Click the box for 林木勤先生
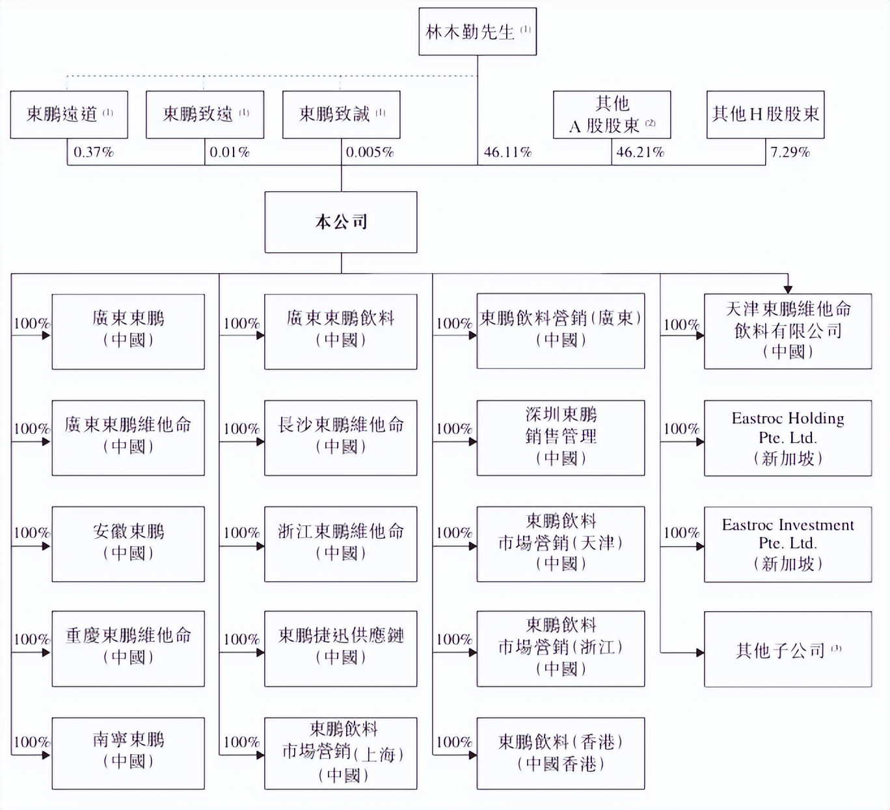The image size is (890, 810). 478,31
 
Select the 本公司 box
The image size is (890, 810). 341,222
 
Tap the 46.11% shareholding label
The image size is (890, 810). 507,152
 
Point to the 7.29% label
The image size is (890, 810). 790,152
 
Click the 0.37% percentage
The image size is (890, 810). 93,152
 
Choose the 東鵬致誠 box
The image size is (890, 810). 341,114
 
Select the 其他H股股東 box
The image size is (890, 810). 765,114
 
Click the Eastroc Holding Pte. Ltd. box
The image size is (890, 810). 787,438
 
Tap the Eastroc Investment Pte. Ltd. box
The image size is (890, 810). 787,544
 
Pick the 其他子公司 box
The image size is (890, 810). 787,649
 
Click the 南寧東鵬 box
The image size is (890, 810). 128,753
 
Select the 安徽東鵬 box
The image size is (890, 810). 128,543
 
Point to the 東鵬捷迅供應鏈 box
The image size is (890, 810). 340,648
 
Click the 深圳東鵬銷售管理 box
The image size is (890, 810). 560,438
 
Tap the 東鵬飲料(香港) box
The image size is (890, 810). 560,753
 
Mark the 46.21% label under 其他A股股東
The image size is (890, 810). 640,152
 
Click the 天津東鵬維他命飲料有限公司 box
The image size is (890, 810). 787,331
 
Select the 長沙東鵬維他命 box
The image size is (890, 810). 340,438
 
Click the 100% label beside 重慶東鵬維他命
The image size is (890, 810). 31,639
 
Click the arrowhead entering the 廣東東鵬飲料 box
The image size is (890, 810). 261,335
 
